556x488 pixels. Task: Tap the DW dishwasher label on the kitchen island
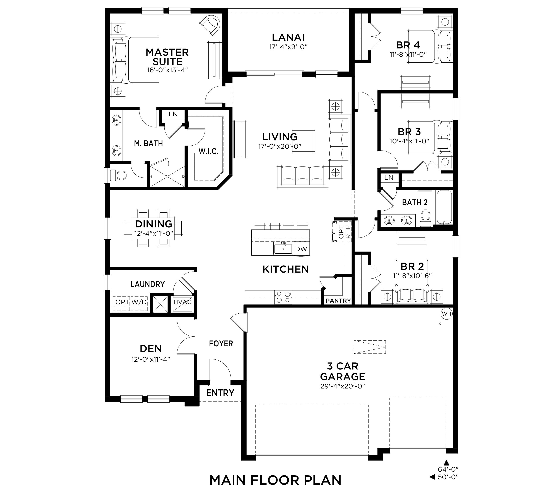(x=301, y=249)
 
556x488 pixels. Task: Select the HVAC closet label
(x=182, y=302)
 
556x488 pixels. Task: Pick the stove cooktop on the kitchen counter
(x=283, y=297)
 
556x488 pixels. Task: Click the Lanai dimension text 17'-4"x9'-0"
(x=288, y=47)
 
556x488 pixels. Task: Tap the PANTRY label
(x=338, y=301)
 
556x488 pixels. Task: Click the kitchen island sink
(x=283, y=248)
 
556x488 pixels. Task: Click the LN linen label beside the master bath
(x=173, y=114)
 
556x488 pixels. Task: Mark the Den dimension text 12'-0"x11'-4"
(x=151, y=359)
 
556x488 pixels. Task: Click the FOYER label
(x=221, y=344)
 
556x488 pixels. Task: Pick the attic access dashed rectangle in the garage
(x=370, y=347)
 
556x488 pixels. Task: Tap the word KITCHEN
(x=286, y=269)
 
